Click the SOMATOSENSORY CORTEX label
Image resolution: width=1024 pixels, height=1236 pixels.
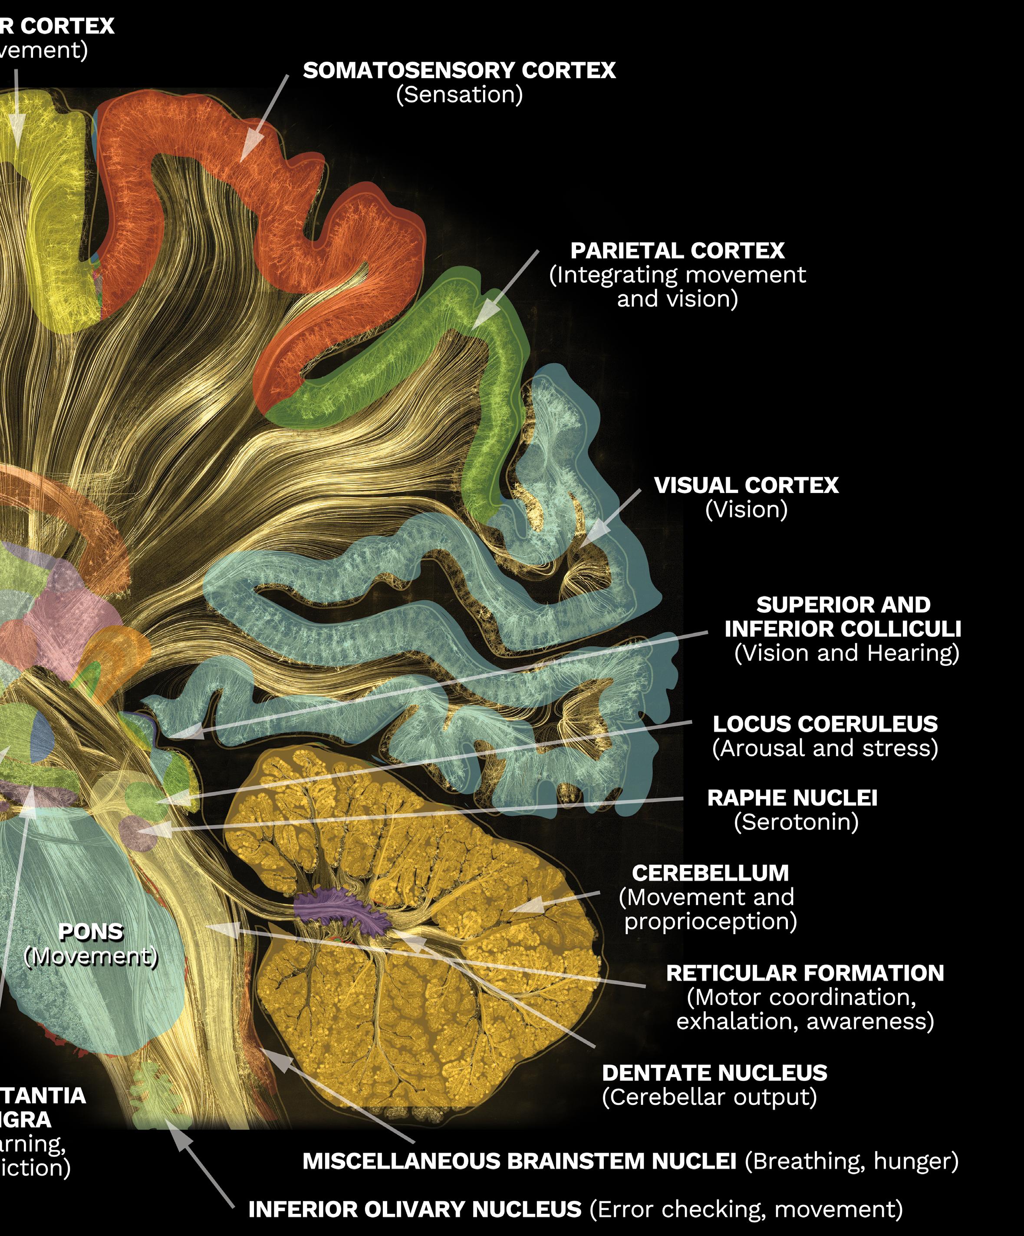tap(459, 71)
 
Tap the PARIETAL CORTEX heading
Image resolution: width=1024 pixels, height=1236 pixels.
tap(677, 251)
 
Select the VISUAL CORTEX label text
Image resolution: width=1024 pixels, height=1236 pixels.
tap(746, 485)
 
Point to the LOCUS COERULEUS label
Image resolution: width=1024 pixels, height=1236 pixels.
tap(825, 724)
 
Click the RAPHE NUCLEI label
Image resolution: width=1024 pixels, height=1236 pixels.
tap(792, 798)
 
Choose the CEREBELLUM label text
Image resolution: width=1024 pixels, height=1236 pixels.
tap(710, 873)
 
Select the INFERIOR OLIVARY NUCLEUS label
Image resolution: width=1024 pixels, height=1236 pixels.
tap(415, 1210)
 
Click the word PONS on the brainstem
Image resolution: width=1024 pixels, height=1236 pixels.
tap(91, 932)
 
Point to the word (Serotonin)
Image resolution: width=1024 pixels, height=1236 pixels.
tap(796, 822)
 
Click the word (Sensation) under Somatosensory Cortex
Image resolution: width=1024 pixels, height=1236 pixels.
tap(459, 95)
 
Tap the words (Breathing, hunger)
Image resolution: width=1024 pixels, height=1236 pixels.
tap(851, 1161)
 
